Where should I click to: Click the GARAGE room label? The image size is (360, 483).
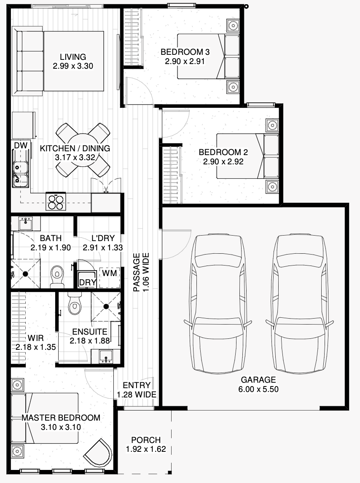258,380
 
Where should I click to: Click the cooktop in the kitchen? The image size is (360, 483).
56,201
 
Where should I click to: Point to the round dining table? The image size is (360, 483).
83,150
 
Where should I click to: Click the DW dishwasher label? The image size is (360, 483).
21,145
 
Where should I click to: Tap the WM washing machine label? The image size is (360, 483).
110,273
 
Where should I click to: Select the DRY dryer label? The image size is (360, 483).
88,282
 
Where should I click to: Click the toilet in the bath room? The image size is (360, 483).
57,274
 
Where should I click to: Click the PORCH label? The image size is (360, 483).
146,440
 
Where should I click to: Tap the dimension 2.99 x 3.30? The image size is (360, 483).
73,66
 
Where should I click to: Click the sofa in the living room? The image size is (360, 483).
28,61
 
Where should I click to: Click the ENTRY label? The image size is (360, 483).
137,385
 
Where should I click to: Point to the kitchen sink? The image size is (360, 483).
20,173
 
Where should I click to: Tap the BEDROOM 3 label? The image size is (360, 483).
185,52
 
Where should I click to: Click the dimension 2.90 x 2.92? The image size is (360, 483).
223,161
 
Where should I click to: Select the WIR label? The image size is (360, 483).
35,338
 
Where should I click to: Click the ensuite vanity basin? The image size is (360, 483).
106,357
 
